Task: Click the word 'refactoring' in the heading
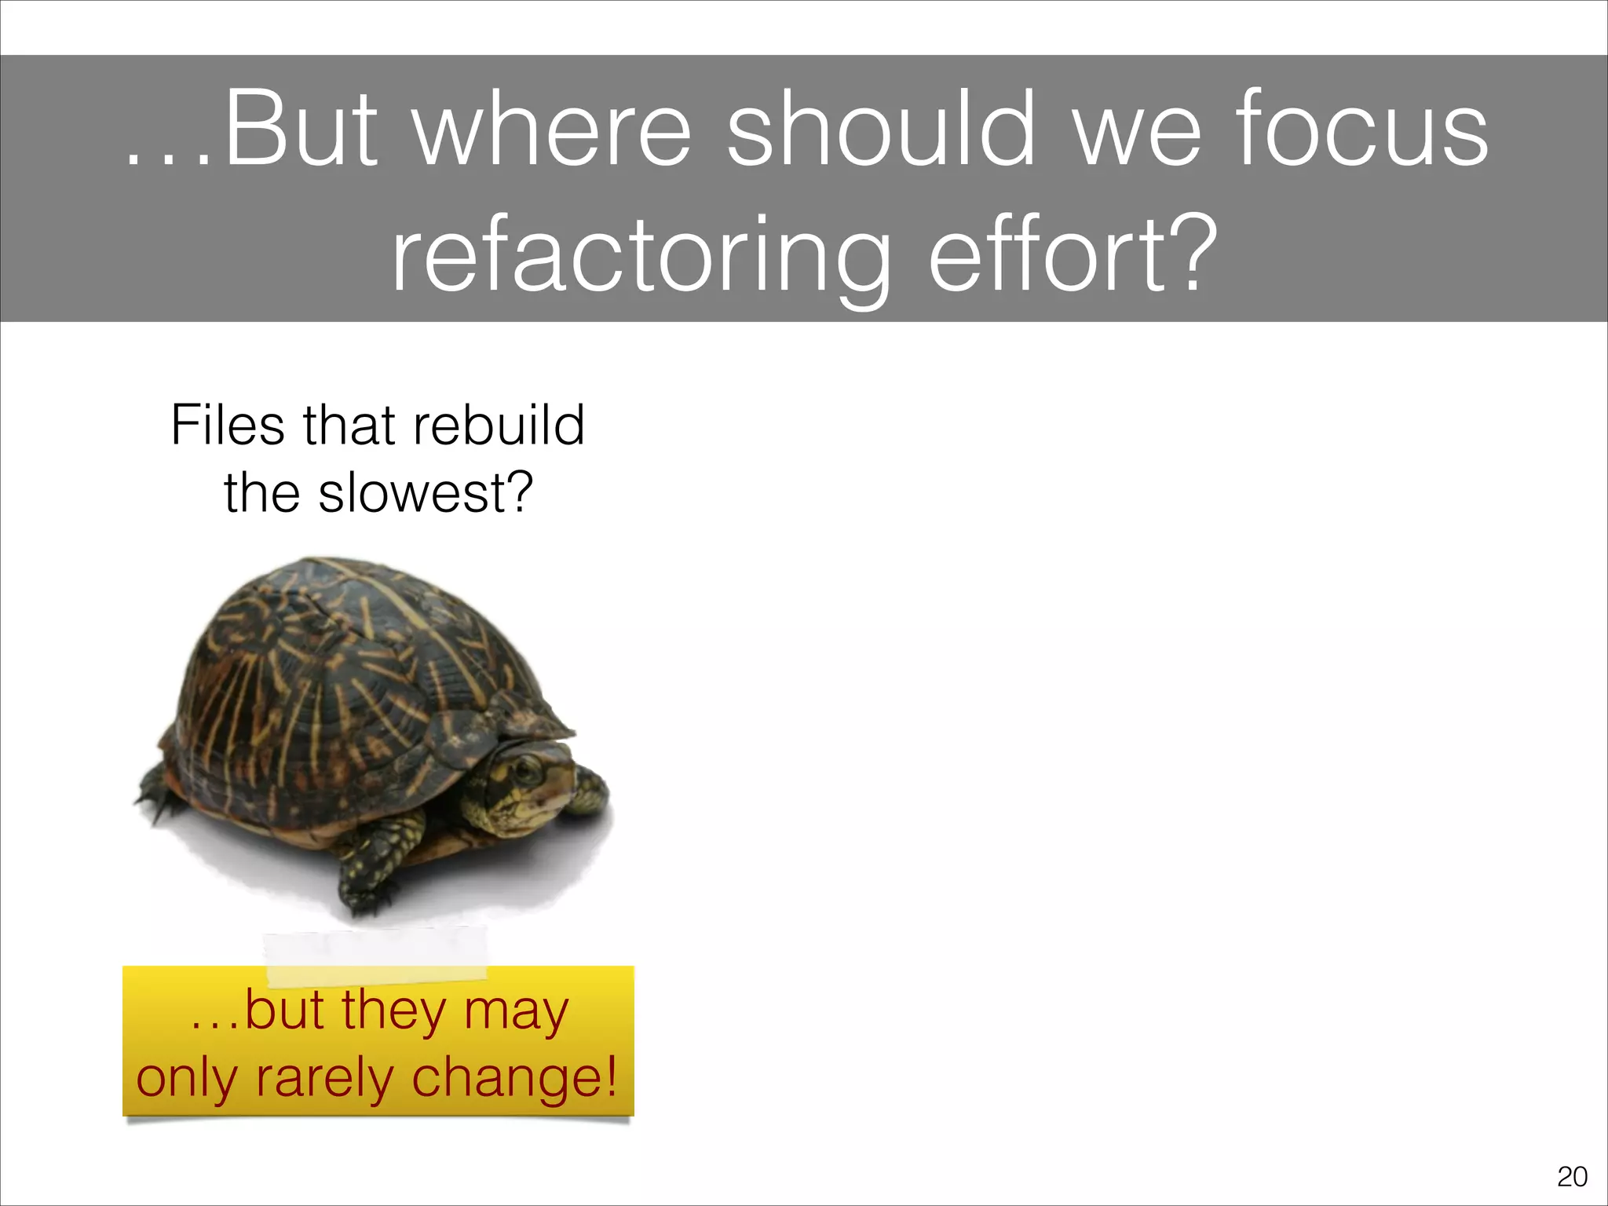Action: click(641, 255)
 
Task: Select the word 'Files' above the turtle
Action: click(228, 426)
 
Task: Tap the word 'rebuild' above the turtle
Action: click(498, 426)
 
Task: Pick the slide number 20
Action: click(1572, 1177)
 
